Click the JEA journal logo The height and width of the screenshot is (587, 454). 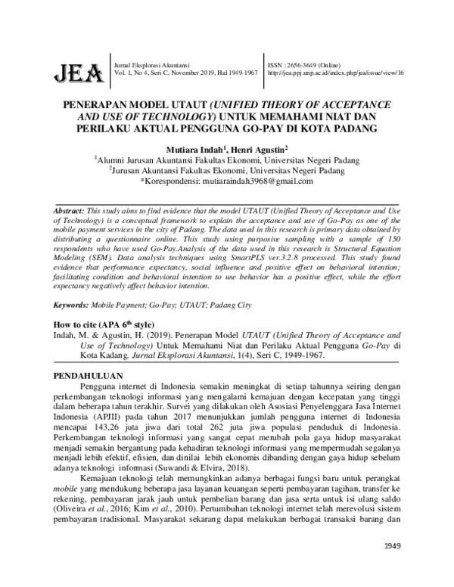(x=77, y=73)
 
